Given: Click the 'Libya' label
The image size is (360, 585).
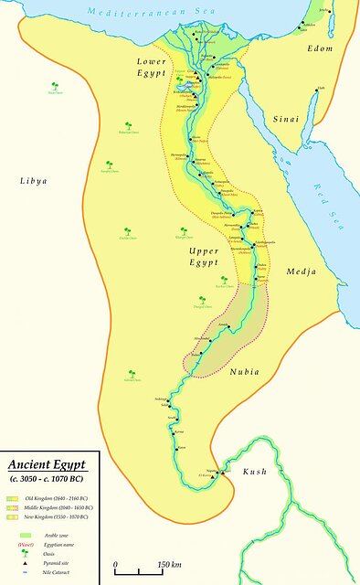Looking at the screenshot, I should [x=33, y=181].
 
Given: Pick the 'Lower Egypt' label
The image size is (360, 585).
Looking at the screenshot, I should [x=143, y=66].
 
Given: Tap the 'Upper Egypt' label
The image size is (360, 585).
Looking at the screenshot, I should [x=203, y=256].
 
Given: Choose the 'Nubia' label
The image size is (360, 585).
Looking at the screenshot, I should [x=244, y=371].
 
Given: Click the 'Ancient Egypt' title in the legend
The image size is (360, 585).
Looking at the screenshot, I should [x=47, y=463].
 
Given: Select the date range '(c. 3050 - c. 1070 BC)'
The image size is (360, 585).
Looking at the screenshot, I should [x=51, y=478].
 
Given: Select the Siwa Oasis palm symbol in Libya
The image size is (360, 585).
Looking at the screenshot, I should [x=55, y=89].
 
